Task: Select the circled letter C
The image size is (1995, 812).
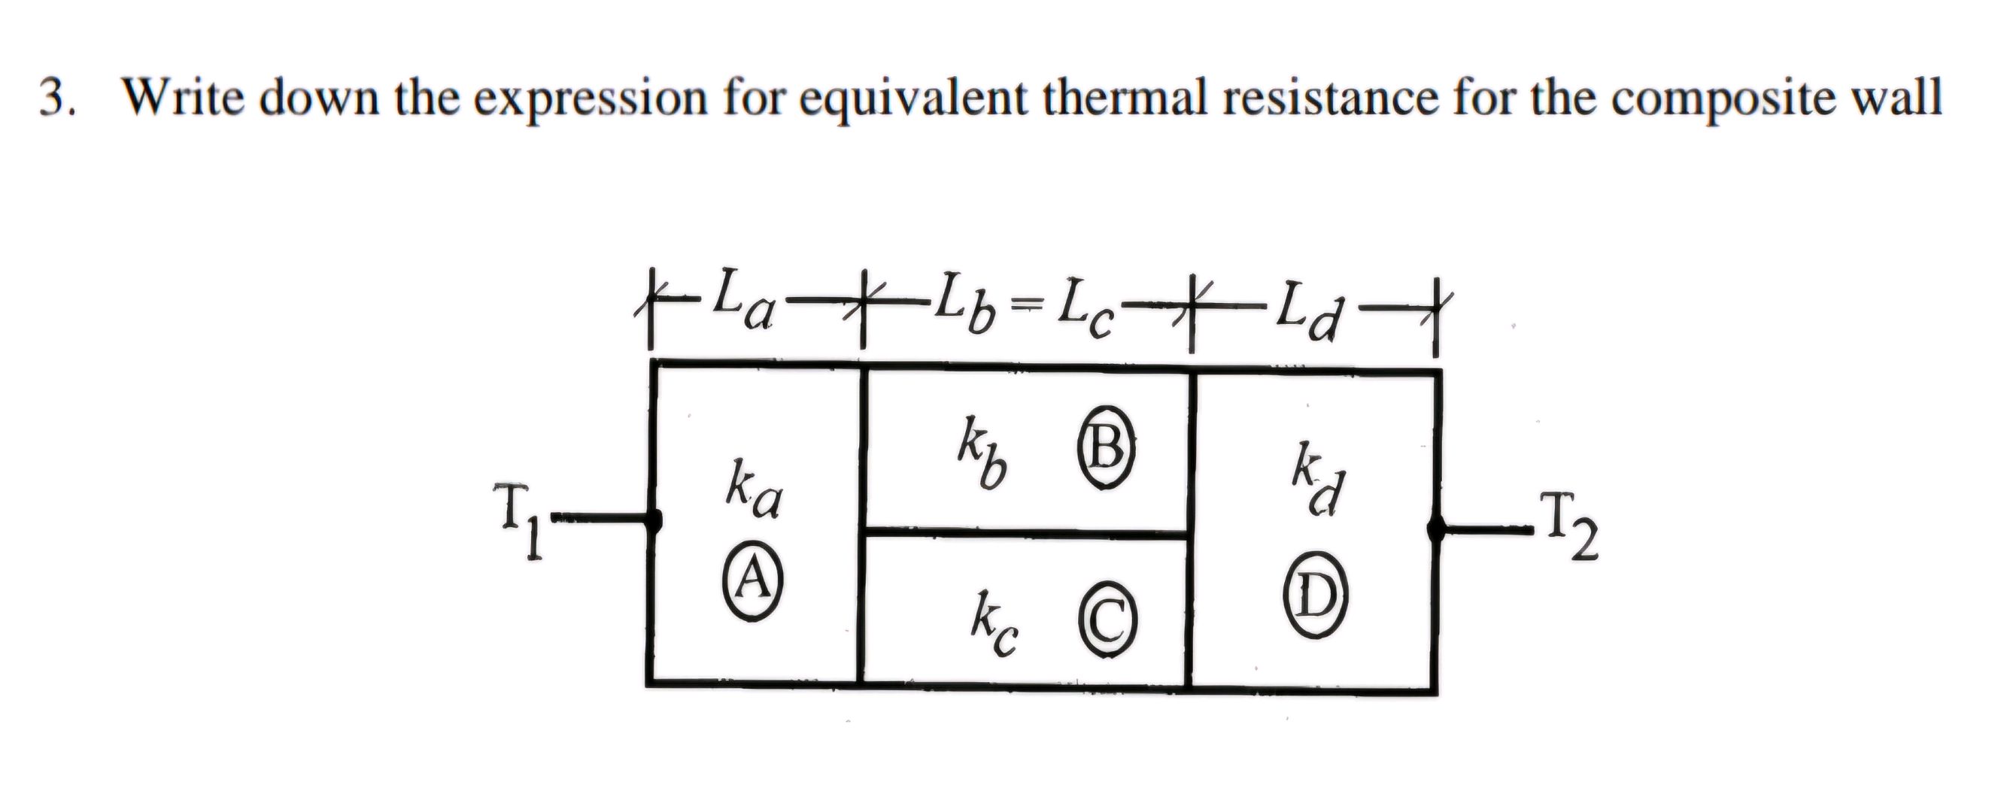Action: [x=1108, y=624]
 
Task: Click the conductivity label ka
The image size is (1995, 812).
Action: [x=754, y=491]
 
